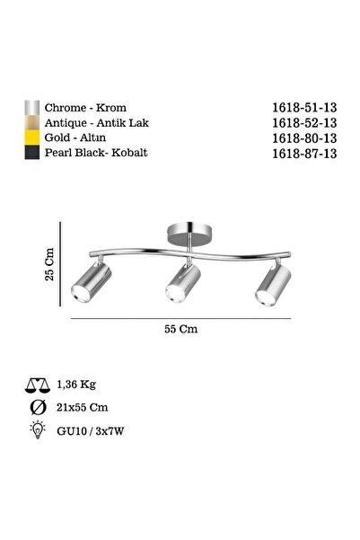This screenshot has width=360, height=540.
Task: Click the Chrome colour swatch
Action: click(x=31, y=104)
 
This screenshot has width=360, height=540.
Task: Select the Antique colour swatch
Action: click(x=31, y=121)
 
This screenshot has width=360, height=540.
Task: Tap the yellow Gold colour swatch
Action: click(x=31, y=137)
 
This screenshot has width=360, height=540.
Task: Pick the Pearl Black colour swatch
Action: click(x=31, y=154)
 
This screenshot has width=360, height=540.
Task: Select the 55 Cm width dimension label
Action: click(x=182, y=329)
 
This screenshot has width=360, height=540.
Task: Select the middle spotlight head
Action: click(x=181, y=285)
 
